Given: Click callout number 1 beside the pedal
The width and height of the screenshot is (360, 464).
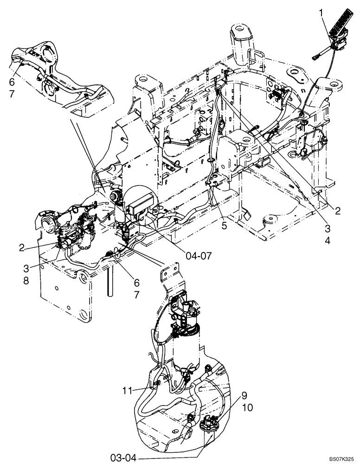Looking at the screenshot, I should click(321, 14).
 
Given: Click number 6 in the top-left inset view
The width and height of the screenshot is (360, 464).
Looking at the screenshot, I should click(13, 81).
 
